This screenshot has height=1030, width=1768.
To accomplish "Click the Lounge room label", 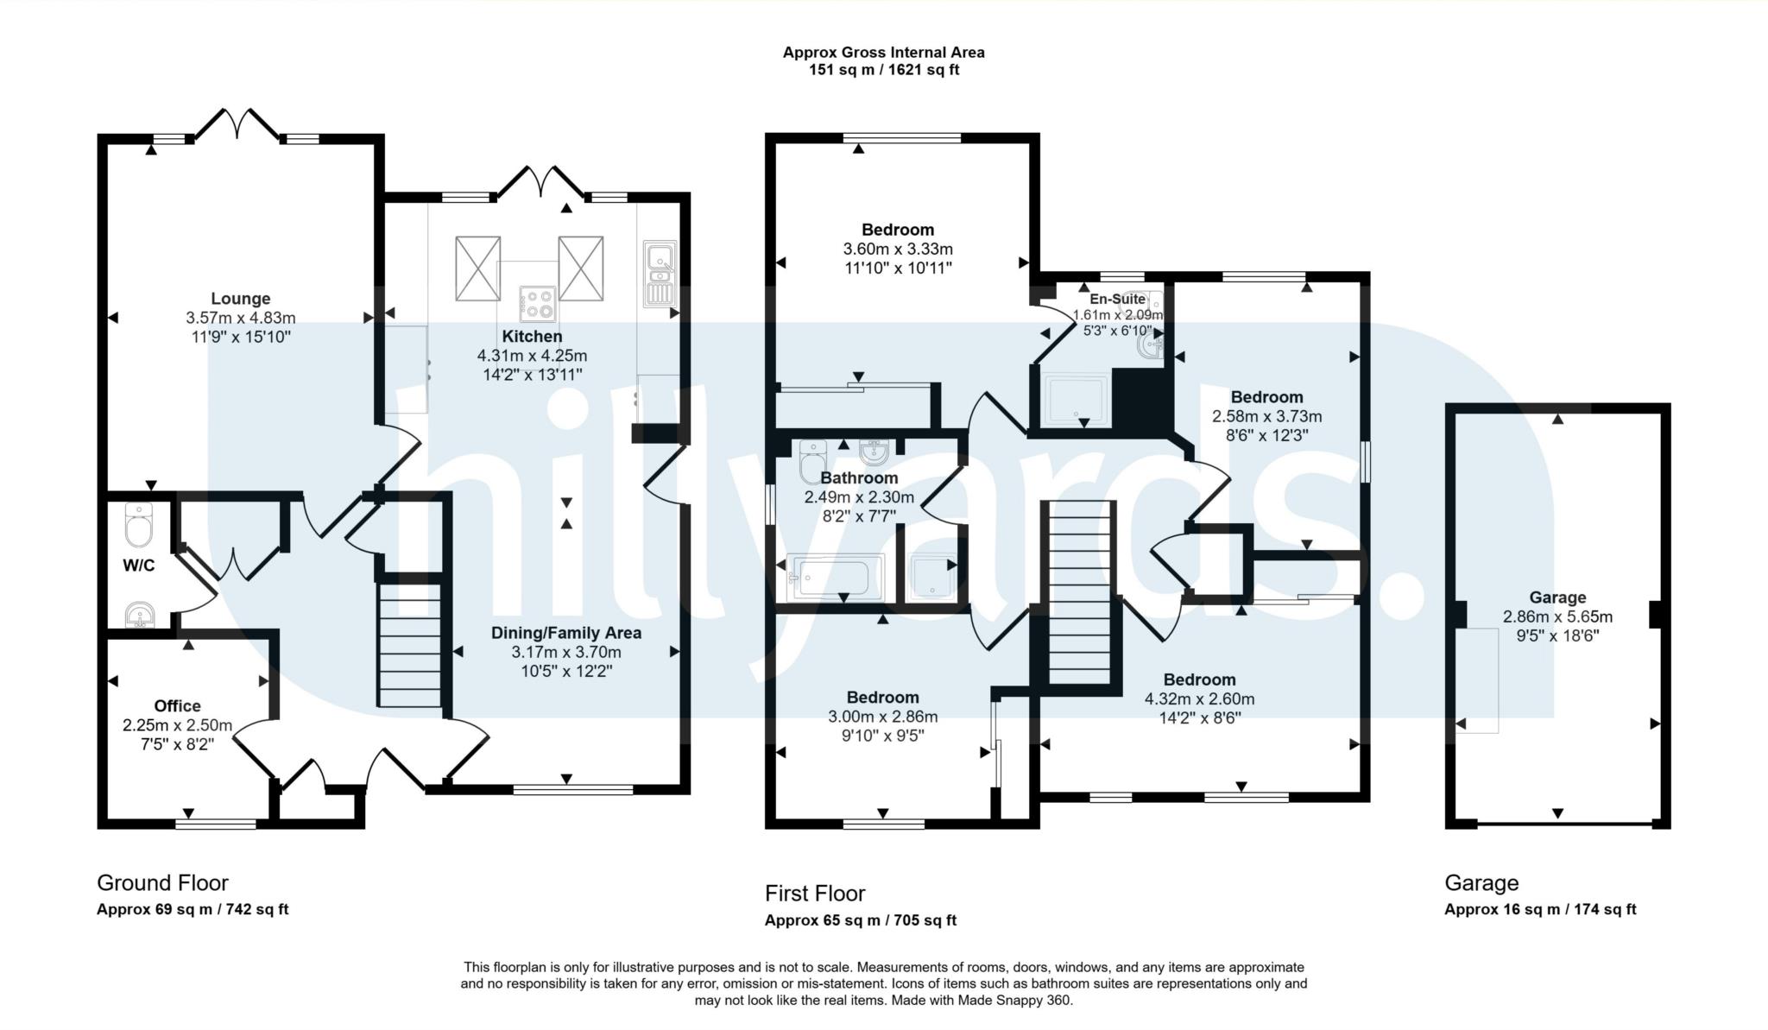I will click(x=240, y=299).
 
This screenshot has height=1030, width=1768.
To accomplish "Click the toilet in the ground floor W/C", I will click(x=139, y=525).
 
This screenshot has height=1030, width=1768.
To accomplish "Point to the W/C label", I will click(x=139, y=566).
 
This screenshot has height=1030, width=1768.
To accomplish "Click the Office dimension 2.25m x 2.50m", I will click(x=177, y=724).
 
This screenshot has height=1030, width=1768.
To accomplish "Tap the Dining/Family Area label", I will click(x=565, y=633).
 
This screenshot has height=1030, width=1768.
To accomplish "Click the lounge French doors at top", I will click(x=237, y=124).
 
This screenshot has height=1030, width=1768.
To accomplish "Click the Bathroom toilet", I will click(x=812, y=462).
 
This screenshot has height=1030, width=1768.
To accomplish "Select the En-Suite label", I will click(x=1117, y=299).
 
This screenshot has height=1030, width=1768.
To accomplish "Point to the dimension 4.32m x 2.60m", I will click(x=1199, y=698).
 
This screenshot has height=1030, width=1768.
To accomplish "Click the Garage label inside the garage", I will click(x=1557, y=597).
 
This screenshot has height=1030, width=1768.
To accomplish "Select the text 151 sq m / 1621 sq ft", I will click(x=883, y=70).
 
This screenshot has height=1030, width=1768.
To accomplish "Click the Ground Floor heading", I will click(x=162, y=882).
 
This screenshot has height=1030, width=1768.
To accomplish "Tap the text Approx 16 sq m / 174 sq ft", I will click(x=1539, y=909).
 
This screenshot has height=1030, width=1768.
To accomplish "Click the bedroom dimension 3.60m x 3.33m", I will click(x=898, y=249).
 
